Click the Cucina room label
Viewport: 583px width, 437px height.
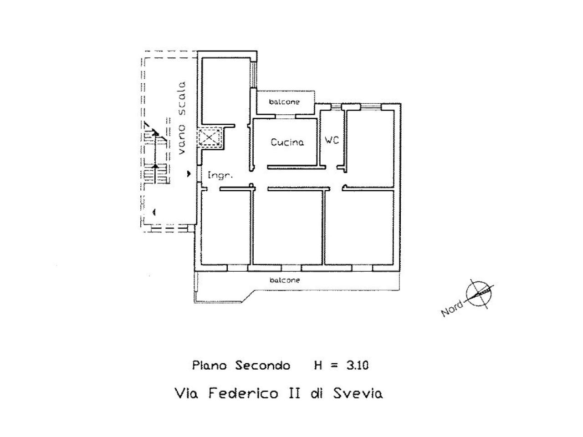tap(287, 142)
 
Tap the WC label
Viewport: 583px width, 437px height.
tap(332, 140)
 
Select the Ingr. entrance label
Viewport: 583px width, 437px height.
tap(220, 175)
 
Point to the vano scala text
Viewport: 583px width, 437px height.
tap(182, 118)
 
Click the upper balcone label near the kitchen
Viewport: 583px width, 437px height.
tap(284, 102)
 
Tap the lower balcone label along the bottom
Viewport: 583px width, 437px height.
tap(285, 280)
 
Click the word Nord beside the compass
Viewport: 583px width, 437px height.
tap(452, 309)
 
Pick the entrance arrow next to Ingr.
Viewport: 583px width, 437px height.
tap(189, 174)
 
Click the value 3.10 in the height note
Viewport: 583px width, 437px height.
tap(357, 366)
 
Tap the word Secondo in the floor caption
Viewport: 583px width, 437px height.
tap(262, 366)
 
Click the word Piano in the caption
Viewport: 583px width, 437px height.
tap(209, 366)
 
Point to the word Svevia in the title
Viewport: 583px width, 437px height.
tap(358, 393)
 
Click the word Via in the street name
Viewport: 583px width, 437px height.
tap(188, 393)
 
